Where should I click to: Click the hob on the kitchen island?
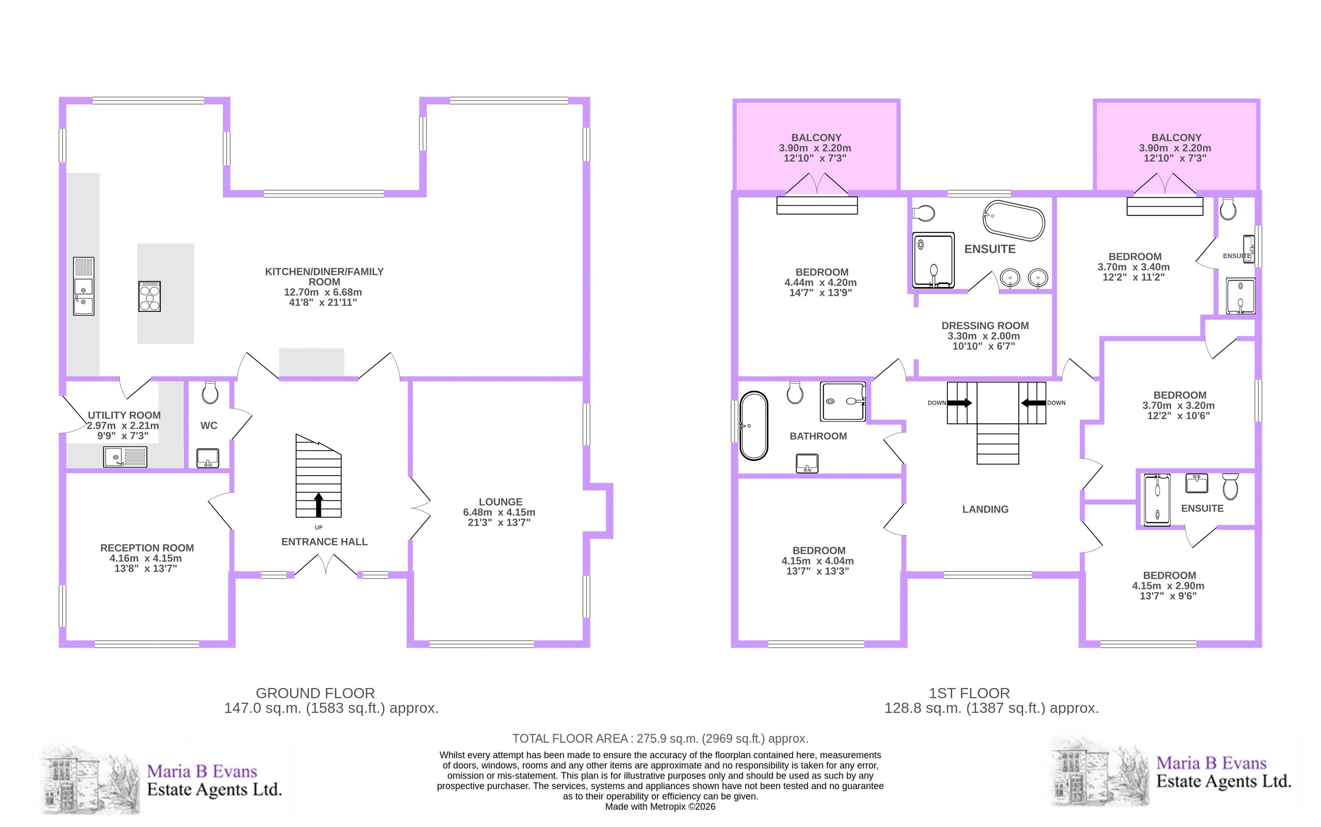pyautogui.click(x=149, y=296)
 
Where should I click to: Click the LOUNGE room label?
pyautogui.click(x=501, y=502)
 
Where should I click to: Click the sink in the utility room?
pyautogui.click(x=125, y=457)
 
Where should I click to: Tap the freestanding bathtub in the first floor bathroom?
pyautogui.click(x=754, y=426)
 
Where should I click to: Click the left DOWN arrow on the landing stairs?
pyautogui.click(x=959, y=403)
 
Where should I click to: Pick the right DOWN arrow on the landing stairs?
pyautogui.click(x=1033, y=403)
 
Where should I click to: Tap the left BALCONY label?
pyautogui.click(x=816, y=138)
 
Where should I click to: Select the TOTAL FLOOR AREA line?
pyautogui.click(x=660, y=739)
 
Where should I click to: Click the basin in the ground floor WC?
pyautogui.click(x=207, y=458)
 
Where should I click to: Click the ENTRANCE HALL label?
pyautogui.click(x=324, y=542)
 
